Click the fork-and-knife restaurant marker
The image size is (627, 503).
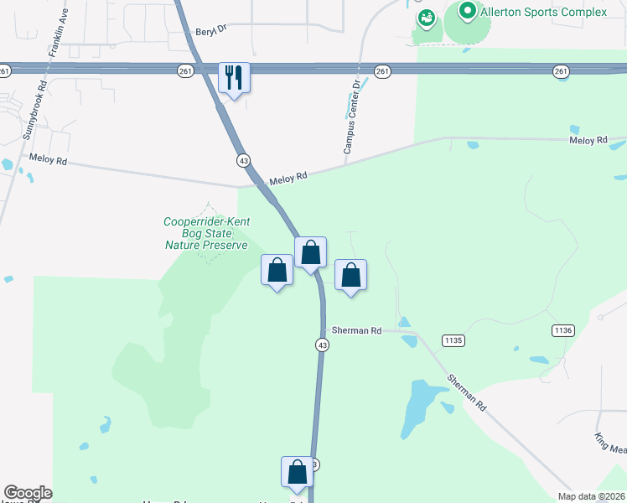click(x=233, y=79)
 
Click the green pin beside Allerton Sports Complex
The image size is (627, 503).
click(x=467, y=12)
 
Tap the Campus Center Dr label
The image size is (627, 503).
click(x=351, y=116)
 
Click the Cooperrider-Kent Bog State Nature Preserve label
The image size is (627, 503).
click(x=206, y=233)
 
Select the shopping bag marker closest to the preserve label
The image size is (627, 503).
click(x=277, y=271)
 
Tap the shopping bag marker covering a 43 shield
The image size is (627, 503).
click(x=298, y=472)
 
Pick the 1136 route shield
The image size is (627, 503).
click(x=562, y=331)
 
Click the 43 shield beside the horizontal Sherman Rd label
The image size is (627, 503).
click(x=322, y=345)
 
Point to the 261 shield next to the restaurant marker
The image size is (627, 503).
click(x=186, y=72)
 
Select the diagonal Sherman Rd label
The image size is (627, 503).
click(x=467, y=392)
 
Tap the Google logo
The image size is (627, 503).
click(x=28, y=493)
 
